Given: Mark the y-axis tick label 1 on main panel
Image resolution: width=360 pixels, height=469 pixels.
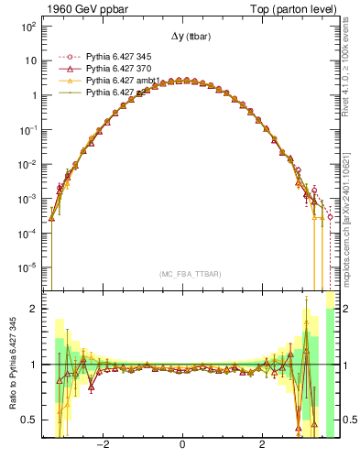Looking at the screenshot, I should pyautogui.click(x=33, y=95).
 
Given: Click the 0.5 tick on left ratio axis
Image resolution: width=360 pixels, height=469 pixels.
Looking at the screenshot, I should pyautogui.click(x=29, y=420).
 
